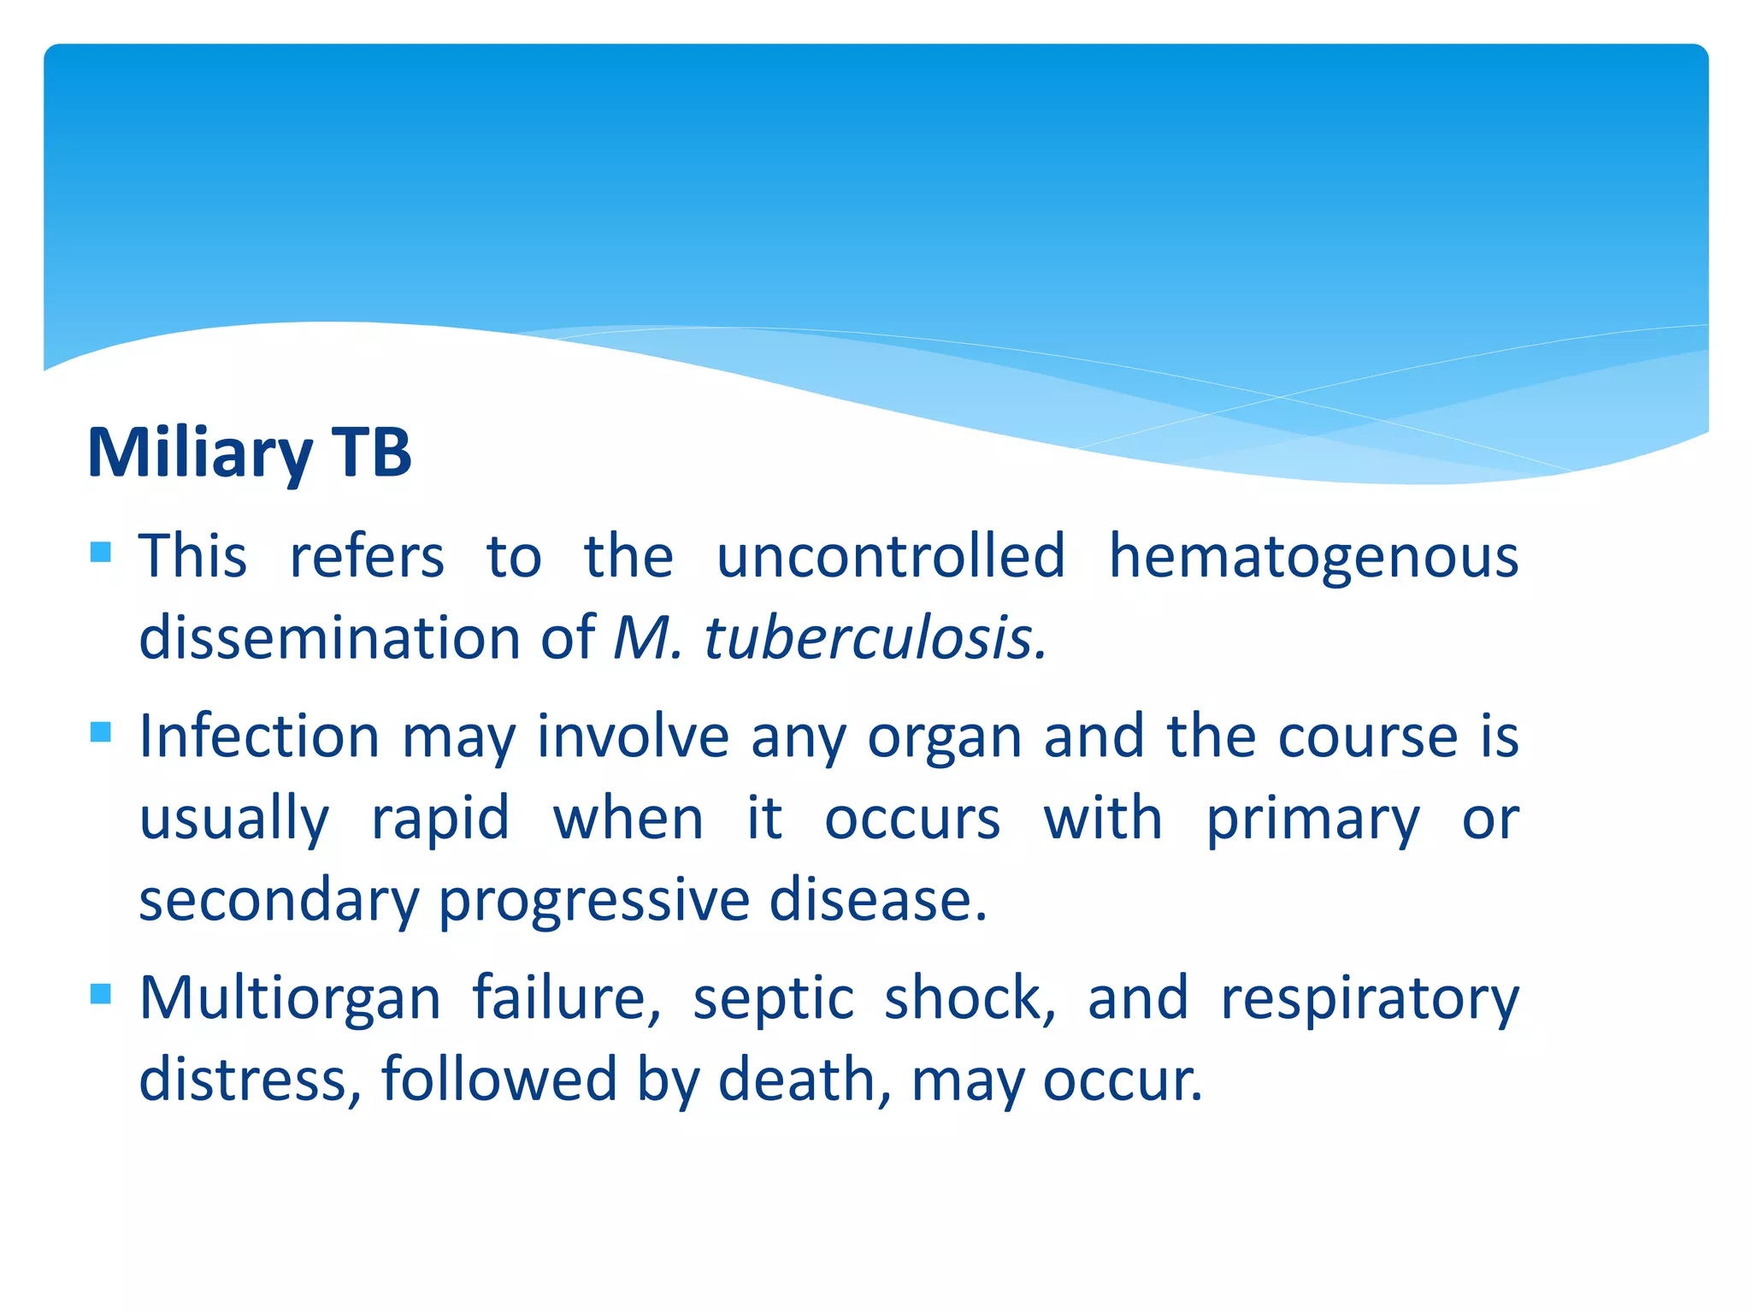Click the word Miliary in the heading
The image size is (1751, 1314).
pos(200,453)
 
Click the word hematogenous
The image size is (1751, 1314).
pos(1313,557)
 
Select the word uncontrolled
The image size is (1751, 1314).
pos(891,557)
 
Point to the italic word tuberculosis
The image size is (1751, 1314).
pos(872,639)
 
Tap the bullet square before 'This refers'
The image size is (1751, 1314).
pos(101,552)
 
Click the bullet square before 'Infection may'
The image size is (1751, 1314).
pos(101,732)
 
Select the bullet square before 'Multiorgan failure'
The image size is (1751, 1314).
pos(101,993)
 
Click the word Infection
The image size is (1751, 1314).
pos(259,737)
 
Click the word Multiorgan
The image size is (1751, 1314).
pos(290,999)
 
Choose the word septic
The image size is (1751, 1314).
pos(773,999)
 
